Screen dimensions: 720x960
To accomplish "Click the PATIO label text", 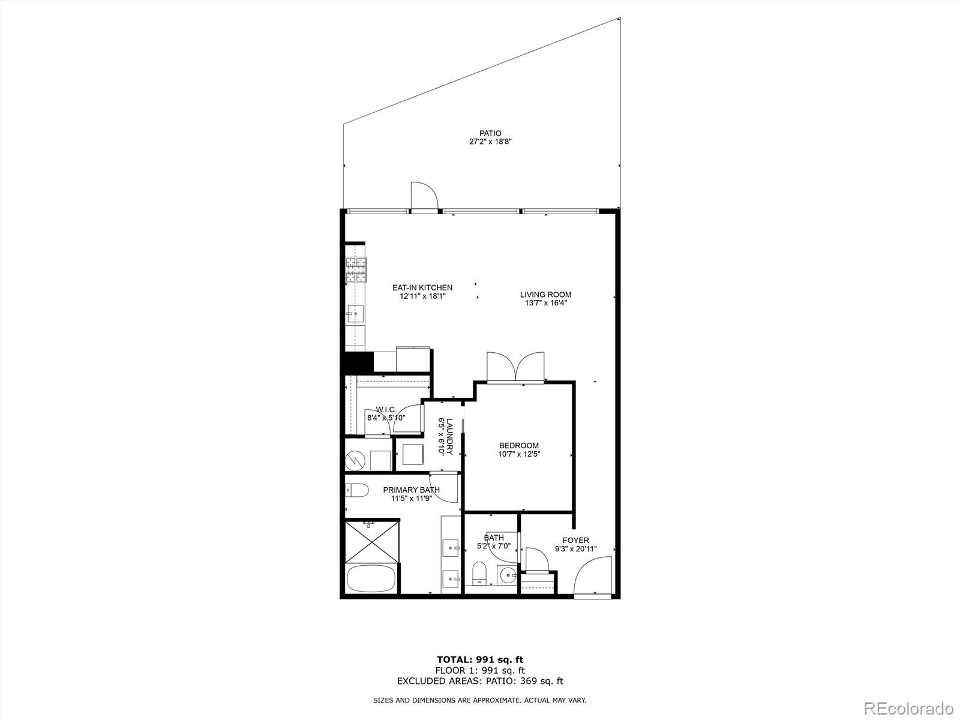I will tap(490, 133).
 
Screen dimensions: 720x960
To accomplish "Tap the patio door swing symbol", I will tap(424, 196).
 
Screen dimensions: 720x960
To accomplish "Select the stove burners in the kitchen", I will tap(356, 270).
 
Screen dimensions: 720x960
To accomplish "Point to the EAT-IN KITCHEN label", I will tap(422, 288).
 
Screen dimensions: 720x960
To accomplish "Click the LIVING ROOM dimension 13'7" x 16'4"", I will tap(545, 303).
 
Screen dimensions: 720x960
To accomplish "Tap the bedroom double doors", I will tap(516, 367).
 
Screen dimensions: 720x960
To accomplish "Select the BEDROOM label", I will tap(519, 445).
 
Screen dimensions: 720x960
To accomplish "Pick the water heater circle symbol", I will tap(356, 461).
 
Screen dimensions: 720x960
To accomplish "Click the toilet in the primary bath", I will tap(356, 491).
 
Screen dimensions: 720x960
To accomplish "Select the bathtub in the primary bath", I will tap(371, 579).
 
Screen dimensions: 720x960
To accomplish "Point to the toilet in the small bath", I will tap(479, 572).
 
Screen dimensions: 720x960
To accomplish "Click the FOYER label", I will tap(575, 540).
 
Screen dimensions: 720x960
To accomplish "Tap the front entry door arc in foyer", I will tap(593, 576).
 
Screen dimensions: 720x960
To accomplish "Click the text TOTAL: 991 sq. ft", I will tap(480, 660).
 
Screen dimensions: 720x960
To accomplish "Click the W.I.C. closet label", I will tap(386, 409).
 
